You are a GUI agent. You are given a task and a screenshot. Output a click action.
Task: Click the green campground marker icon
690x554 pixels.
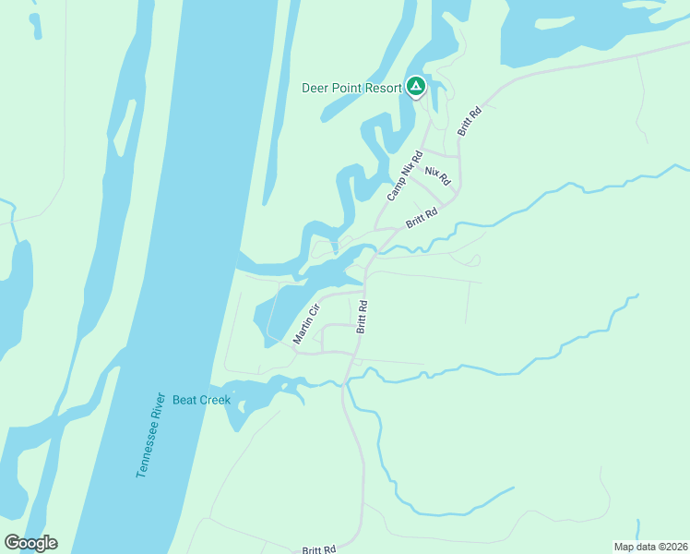point(415,87)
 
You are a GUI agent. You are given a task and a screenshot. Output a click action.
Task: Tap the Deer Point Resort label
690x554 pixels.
point(351,89)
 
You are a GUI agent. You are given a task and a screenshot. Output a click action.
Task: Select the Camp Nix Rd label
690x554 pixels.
point(405,175)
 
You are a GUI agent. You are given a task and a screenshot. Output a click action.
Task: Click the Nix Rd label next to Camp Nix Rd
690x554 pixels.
point(437,175)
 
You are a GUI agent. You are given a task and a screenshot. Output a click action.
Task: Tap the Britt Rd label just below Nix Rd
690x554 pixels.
point(421,218)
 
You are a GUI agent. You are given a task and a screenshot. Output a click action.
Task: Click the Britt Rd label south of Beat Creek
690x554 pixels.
point(318,549)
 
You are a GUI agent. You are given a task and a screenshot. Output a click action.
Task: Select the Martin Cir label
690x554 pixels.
point(305,323)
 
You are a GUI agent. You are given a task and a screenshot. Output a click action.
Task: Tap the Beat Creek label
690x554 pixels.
point(201,400)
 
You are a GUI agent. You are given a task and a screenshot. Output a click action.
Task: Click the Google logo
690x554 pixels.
point(30,543)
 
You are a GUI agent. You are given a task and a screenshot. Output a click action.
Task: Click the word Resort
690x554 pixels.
point(382,89)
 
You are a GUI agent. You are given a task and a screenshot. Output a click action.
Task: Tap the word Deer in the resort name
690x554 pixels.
point(315,89)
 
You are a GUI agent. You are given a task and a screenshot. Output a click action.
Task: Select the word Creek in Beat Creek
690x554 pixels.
point(214,400)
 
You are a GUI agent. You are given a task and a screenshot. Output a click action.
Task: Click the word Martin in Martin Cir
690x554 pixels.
point(303,330)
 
